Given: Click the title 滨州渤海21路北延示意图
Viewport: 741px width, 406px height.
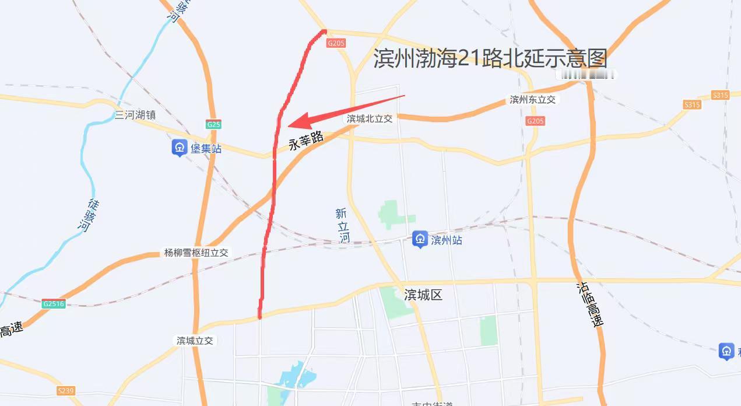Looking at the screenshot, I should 490,58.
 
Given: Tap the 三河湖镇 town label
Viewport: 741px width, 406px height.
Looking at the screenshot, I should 135,115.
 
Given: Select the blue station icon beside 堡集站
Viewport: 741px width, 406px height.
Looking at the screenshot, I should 179,148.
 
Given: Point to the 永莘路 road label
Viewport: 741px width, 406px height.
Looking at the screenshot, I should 306,141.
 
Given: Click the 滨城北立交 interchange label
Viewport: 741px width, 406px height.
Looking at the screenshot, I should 370,118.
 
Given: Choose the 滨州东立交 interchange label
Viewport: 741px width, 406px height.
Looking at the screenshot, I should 533,99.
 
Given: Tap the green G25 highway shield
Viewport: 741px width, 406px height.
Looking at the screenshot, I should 213,124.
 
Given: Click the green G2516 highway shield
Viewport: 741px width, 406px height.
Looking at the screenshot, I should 54,303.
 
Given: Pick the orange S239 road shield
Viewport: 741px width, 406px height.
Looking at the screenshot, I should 66,390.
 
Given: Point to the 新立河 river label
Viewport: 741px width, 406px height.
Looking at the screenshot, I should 343,225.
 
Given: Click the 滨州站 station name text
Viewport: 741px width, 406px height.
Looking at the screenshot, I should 447,240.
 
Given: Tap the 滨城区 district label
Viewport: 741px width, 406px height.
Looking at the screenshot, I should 423,295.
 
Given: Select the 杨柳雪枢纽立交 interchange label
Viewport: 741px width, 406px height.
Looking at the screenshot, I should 196,253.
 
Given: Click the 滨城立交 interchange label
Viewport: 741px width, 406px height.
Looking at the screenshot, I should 195,340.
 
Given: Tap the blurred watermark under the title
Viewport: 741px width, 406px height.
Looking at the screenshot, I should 585,75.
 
